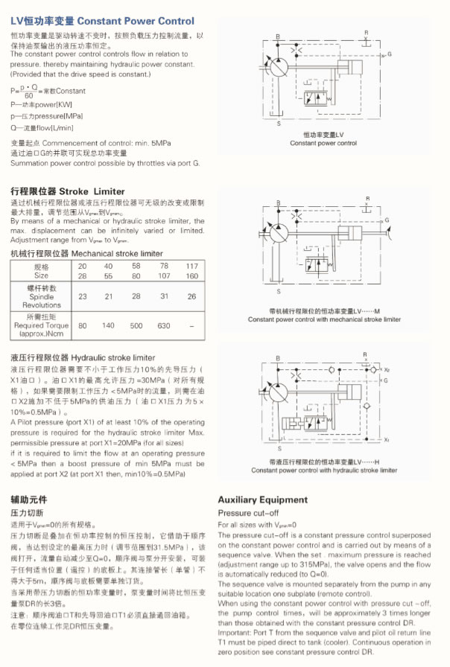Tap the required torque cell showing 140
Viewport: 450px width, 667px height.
click(x=108, y=325)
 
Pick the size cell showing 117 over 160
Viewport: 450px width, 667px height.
click(x=192, y=270)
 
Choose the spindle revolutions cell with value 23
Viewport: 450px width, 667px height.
click(x=82, y=296)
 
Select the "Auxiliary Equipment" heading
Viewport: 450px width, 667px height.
click(x=262, y=500)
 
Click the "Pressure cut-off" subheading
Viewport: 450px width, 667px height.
click(x=249, y=513)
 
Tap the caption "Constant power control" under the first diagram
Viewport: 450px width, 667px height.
click(x=323, y=143)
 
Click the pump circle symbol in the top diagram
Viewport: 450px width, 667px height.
click(x=276, y=65)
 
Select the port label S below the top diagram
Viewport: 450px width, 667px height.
click(x=279, y=124)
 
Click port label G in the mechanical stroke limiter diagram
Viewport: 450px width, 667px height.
click(x=387, y=221)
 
